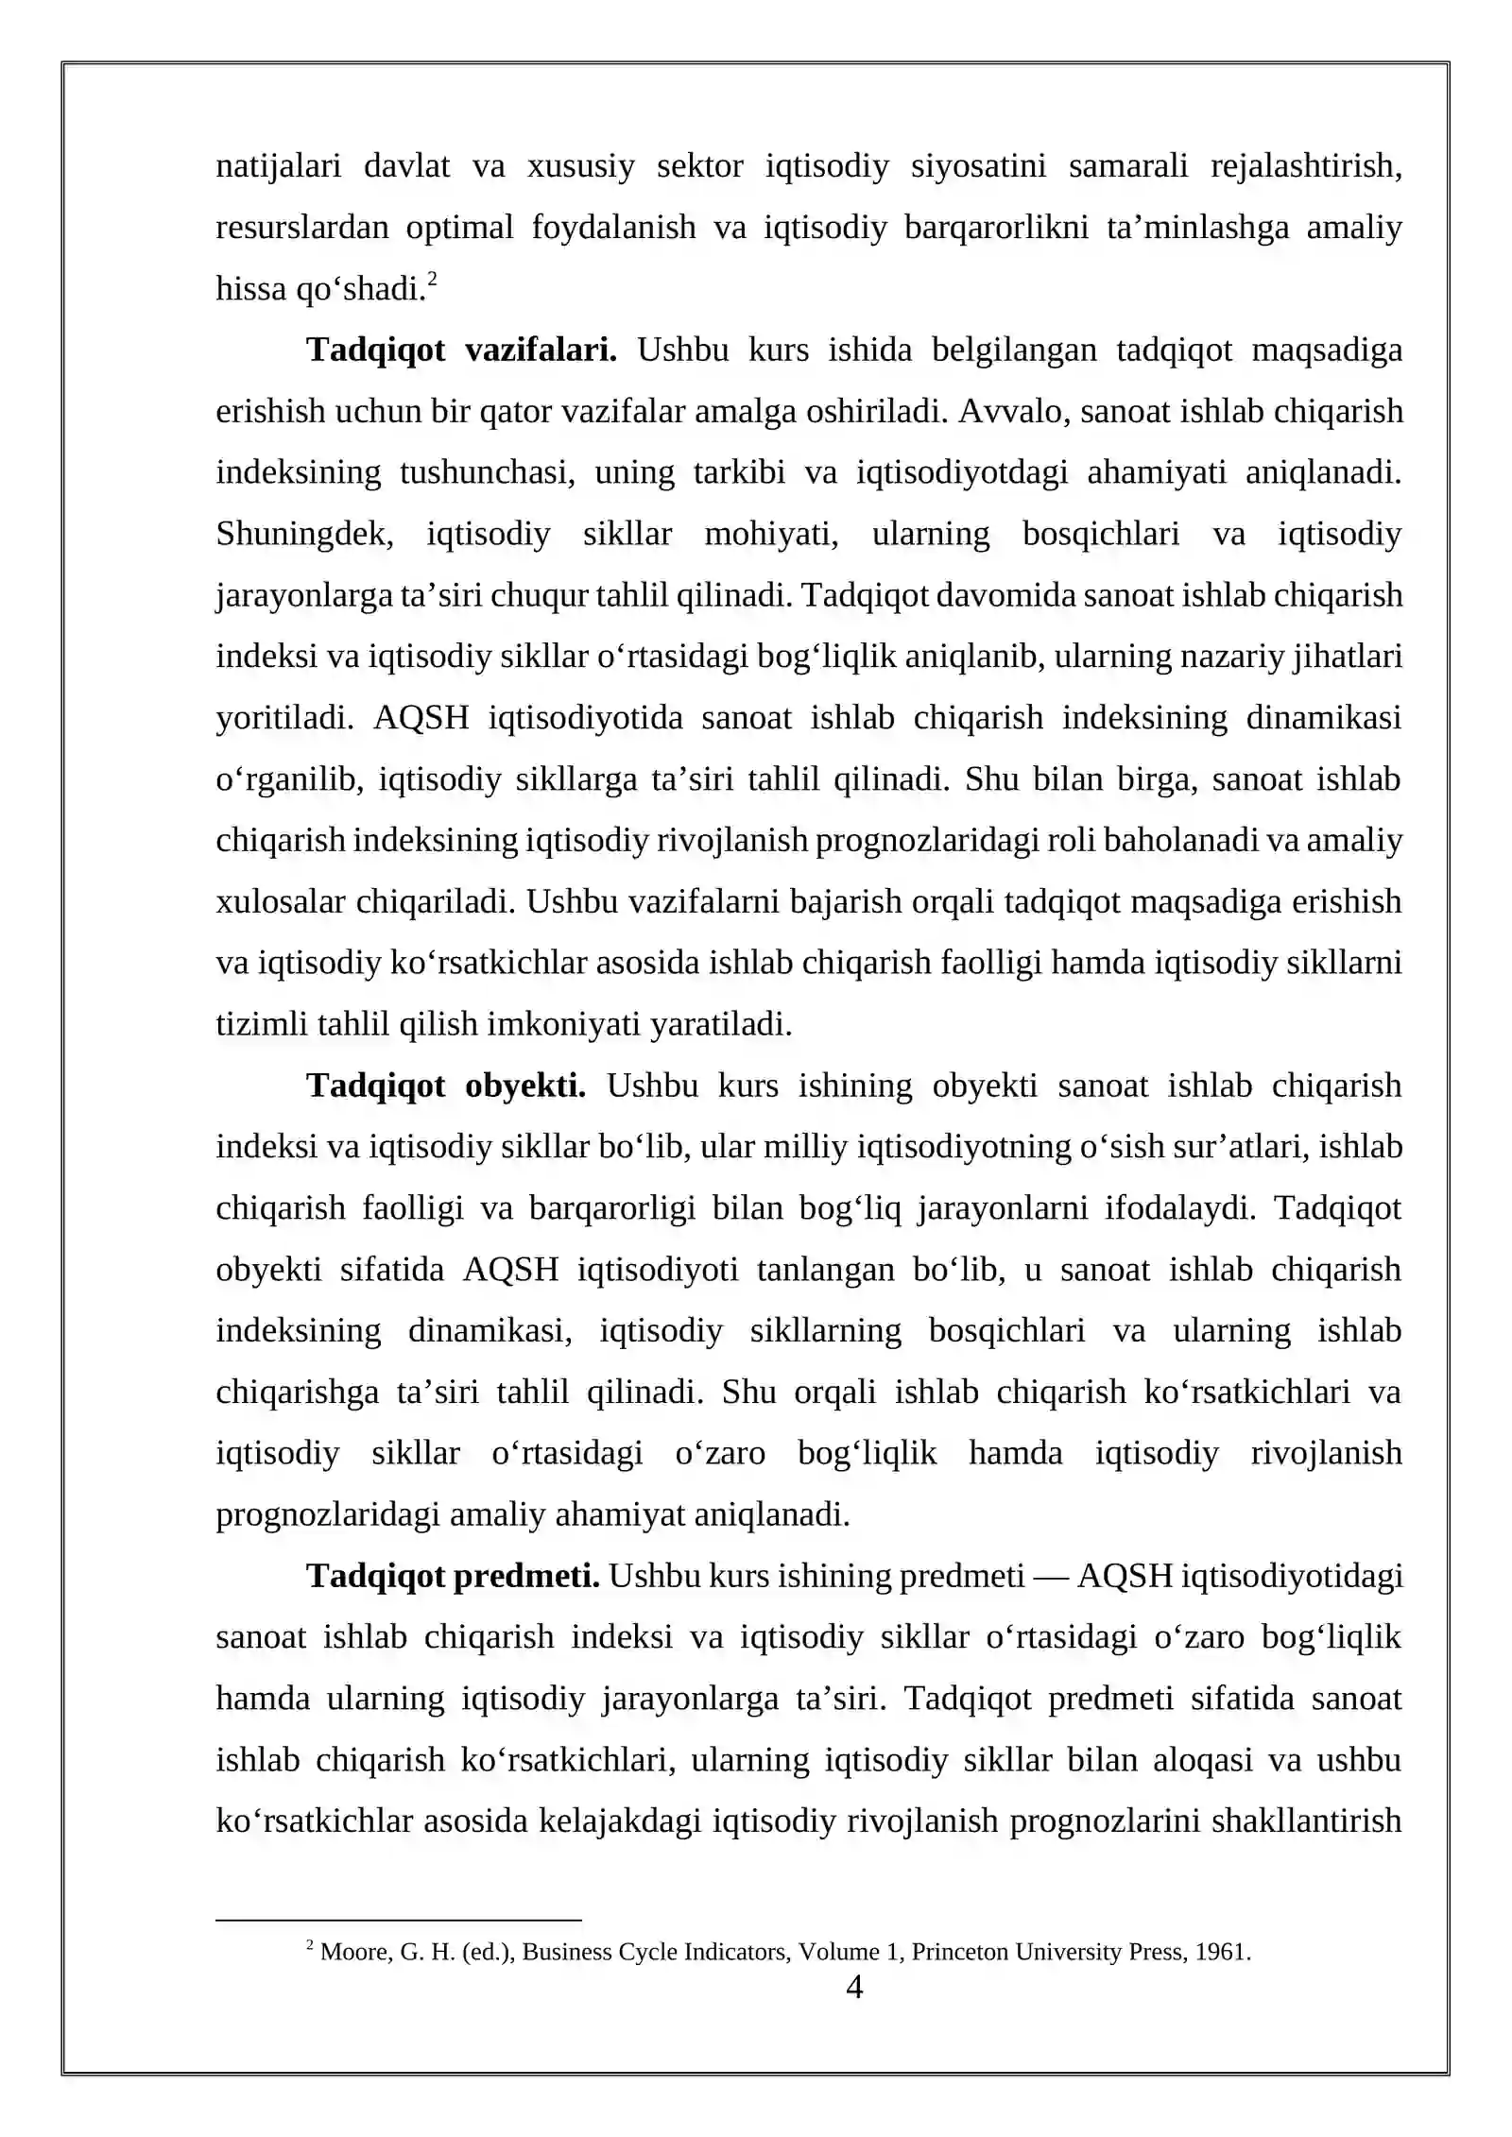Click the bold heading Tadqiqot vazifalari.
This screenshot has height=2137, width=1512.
(461, 350)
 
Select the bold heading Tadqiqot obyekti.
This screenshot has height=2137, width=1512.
(446, 1086)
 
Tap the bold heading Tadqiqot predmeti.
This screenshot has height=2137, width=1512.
(453, 1576)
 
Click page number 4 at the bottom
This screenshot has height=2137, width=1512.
(853, 1987)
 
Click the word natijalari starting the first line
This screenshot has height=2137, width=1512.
(278, 166)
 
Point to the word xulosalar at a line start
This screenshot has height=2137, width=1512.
(281, 902)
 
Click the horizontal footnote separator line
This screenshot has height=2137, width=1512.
(398, 1920)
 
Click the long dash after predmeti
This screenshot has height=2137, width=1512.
(1050, 1576)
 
